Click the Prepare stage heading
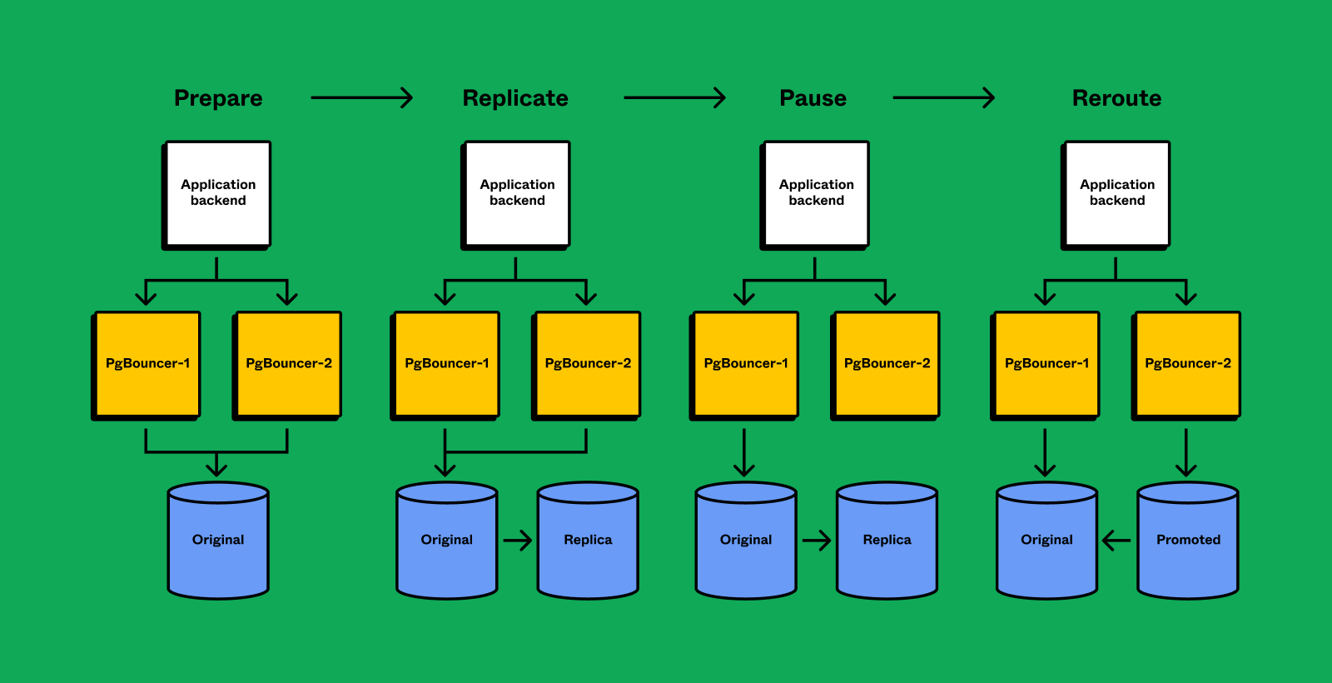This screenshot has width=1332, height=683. click(218, 98)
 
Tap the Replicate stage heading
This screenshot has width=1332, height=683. click(515, 98)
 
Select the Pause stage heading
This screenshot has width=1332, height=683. click(813, 98)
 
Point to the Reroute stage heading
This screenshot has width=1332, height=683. click(1116, 98)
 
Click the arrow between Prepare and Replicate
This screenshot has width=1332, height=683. click(361, 98)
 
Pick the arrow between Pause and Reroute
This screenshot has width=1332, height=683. click(943, 98)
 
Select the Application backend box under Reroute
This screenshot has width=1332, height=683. click(1117, 193)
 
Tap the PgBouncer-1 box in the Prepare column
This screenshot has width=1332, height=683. click(147, 364)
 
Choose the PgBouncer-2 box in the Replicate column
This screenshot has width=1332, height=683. click(588, 364)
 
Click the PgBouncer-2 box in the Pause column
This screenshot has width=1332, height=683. click(887, 364)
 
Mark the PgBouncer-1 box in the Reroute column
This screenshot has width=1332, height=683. click(1046, 364)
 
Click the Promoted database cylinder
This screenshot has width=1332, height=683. click(1188, 541)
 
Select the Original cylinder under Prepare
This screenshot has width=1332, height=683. click(218, 541)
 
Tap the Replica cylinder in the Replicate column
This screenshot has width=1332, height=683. click(588, 541)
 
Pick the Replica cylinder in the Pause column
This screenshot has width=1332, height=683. click(887, 541)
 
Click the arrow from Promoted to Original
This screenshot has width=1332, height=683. click(1116, 541)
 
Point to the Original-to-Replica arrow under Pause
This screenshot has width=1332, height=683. click(817, 541)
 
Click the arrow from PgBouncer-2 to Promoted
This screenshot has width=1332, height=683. click(1186, 452)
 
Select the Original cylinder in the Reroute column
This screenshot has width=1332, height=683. click(1046, 541)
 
